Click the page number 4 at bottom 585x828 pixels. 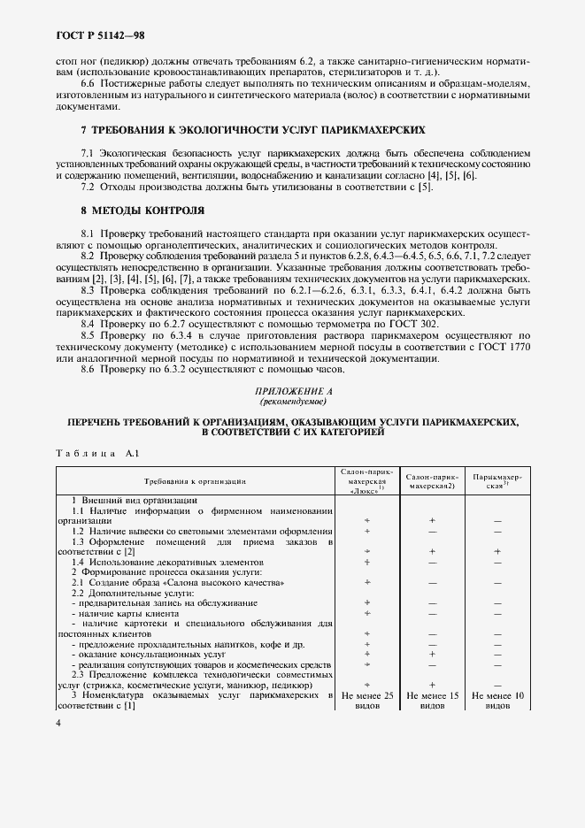[x=58, y=723]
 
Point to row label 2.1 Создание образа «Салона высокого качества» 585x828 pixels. [x=178, y=582]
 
